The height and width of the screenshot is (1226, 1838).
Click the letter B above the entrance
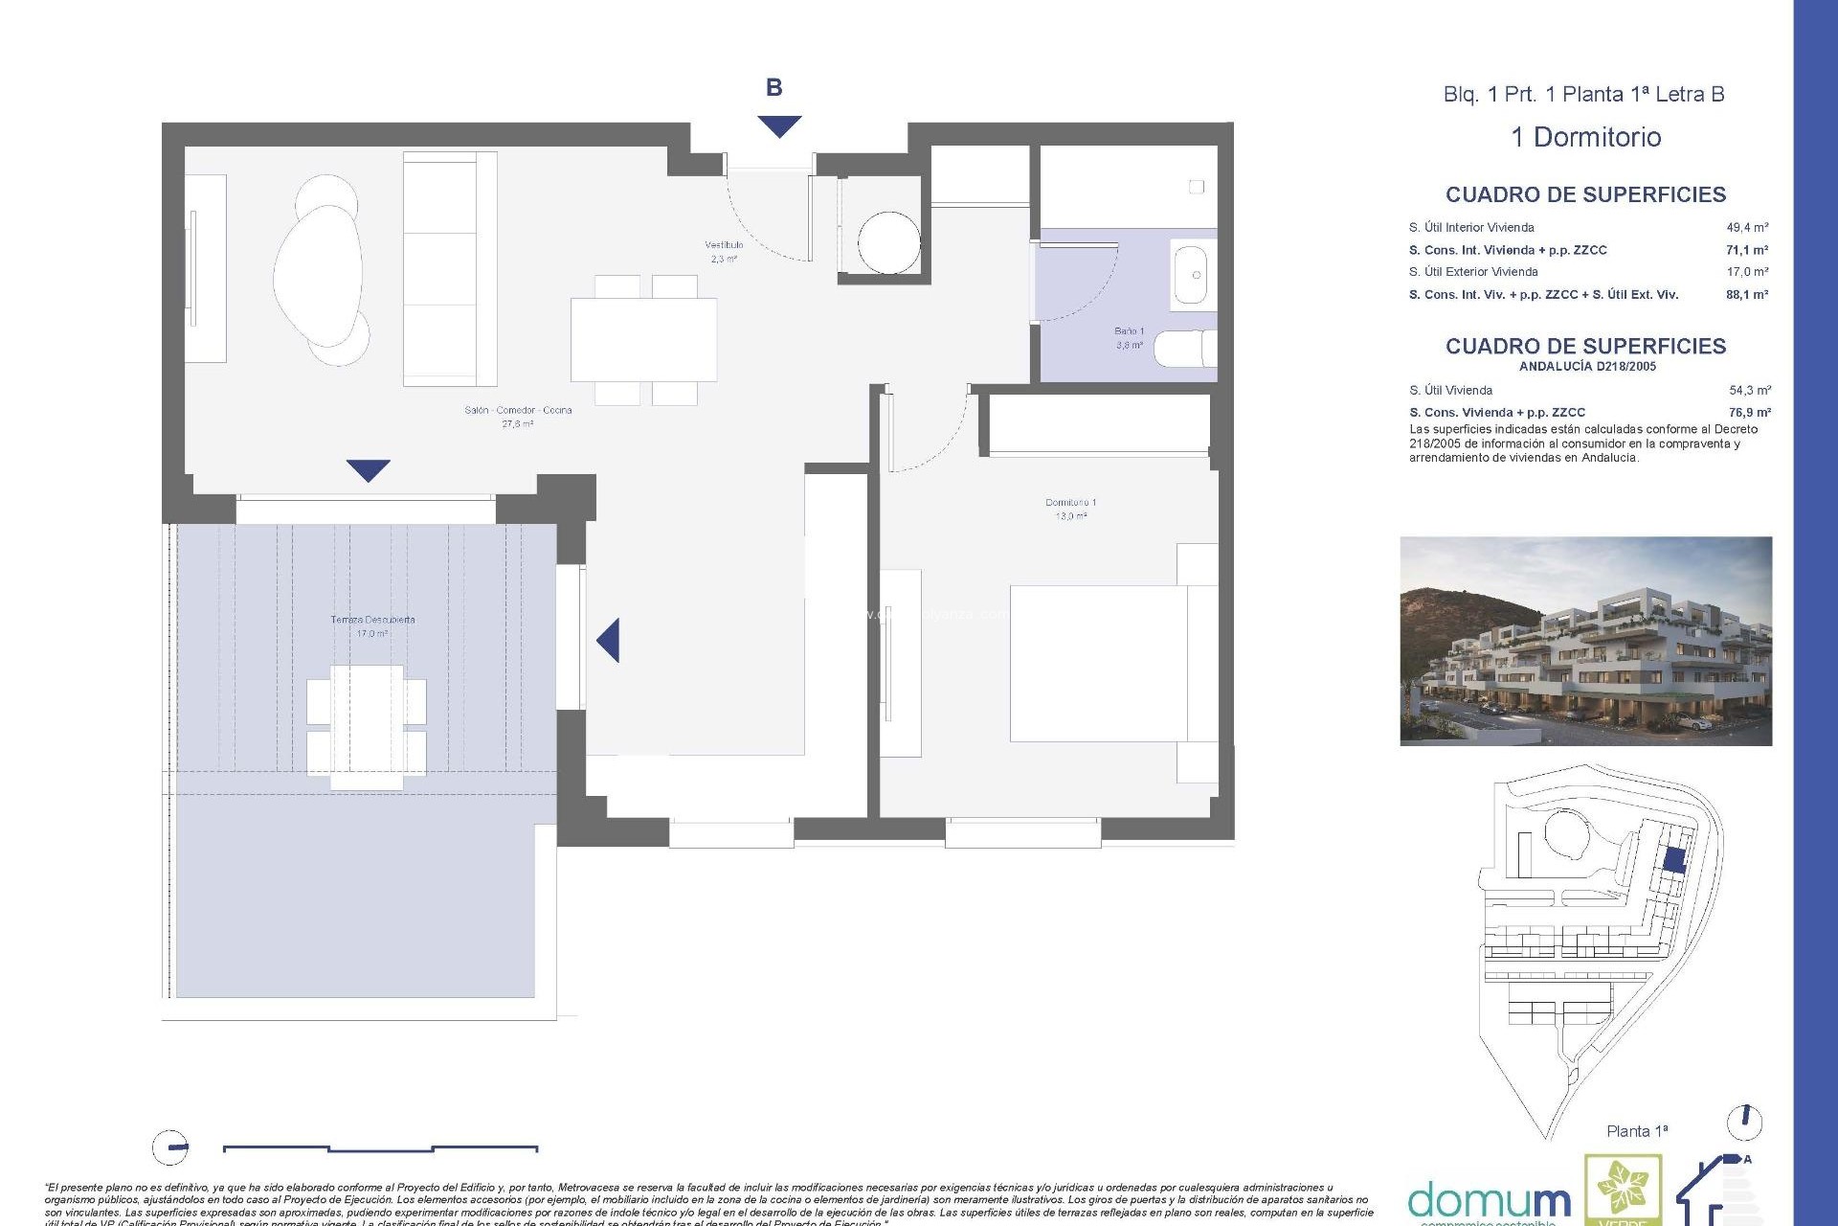(x=773, y=88)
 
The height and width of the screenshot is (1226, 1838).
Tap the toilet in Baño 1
(x=1184, y=350)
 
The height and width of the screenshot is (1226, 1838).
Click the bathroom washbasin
(x=1190, y=276)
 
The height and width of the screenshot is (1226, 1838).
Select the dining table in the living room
(x=643, y=340)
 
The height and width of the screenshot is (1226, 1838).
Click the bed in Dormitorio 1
(x=1110, y=663)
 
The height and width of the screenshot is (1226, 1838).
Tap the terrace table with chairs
(x=367, y=727)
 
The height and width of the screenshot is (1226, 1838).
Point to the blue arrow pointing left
(x=609, y=640)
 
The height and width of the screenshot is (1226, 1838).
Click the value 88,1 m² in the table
(x=1746, y=295)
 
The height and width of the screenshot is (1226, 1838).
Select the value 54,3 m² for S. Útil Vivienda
(x=1749, y=391)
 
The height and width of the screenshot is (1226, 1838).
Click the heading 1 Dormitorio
(x=1585, y=137)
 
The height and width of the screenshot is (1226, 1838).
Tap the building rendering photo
(x=1585, y=641)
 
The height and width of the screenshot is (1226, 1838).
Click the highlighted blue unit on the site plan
(x=1673, y=859)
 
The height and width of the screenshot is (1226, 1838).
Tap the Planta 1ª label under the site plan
(x=1636, y=1131)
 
